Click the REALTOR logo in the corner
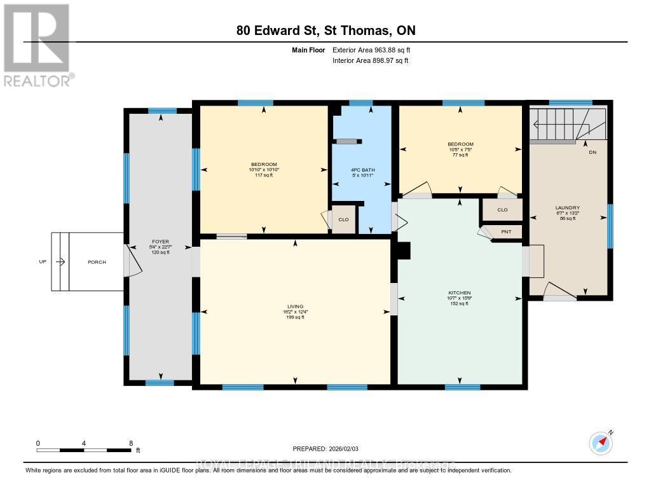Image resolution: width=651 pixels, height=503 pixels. click(x=37, y=45)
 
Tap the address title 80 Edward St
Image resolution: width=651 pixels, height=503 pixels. click(x=325, y=31)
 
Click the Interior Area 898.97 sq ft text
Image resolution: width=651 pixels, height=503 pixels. click(x=370, y=60)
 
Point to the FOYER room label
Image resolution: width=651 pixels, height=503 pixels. click(x=159, y=247)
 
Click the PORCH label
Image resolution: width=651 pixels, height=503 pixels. click(x=97, y=262)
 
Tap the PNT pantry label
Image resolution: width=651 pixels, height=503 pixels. click(x=506, y=232)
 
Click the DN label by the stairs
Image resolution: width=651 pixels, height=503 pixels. click(x=593, y=153)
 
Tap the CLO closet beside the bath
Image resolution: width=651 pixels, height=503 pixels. click(x=343, y=219)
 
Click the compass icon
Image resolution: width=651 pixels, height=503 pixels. click(x=600, y=443)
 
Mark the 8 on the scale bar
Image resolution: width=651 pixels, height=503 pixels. click(x=130, y=443)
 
